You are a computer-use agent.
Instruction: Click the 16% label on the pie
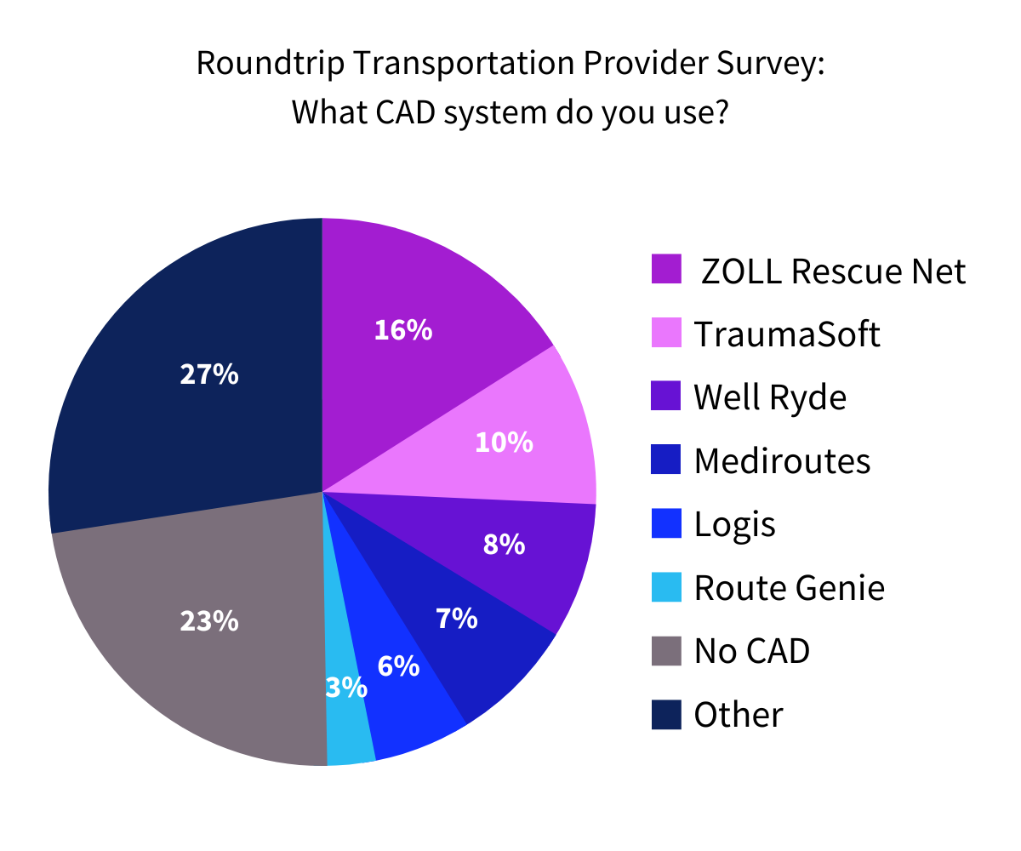[403, 330]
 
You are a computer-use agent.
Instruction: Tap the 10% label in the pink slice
[504, 442]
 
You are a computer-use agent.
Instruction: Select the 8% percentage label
[504, 544]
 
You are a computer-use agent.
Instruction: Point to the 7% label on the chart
[456, 619]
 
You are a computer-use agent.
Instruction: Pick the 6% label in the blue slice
[398, 665]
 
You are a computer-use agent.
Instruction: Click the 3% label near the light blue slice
[346, 687]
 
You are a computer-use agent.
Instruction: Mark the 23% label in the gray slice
[209, 621]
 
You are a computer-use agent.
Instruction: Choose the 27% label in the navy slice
[209, 374]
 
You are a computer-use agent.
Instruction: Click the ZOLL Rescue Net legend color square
[666, 269]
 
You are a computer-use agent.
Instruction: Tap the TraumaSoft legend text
[787, 334]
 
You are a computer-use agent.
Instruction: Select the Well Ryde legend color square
[666, 397]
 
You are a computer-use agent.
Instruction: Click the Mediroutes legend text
[782, 461]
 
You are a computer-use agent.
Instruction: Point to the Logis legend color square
[666, 523]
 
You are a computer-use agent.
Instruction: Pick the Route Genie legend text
[789, 588]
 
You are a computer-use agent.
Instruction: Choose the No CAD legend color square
[666, 651]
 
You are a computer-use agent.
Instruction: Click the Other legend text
[738, 715]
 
